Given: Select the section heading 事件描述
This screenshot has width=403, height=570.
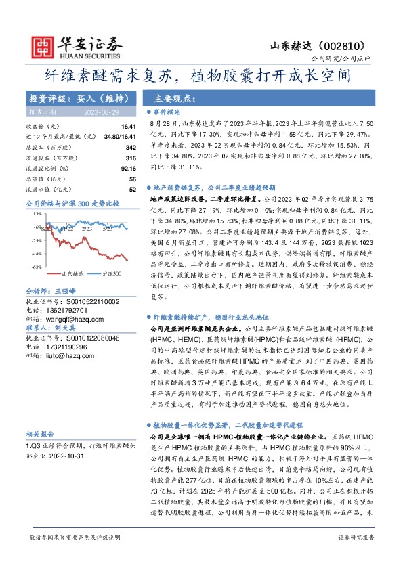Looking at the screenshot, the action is point(167,112).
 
